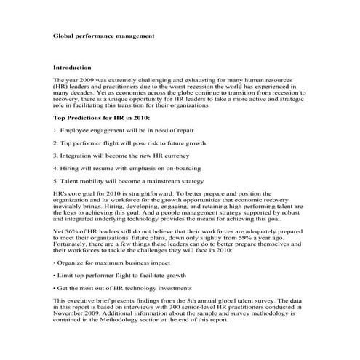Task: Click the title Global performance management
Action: tap(103, 34)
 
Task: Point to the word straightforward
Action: tap(147, 194)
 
